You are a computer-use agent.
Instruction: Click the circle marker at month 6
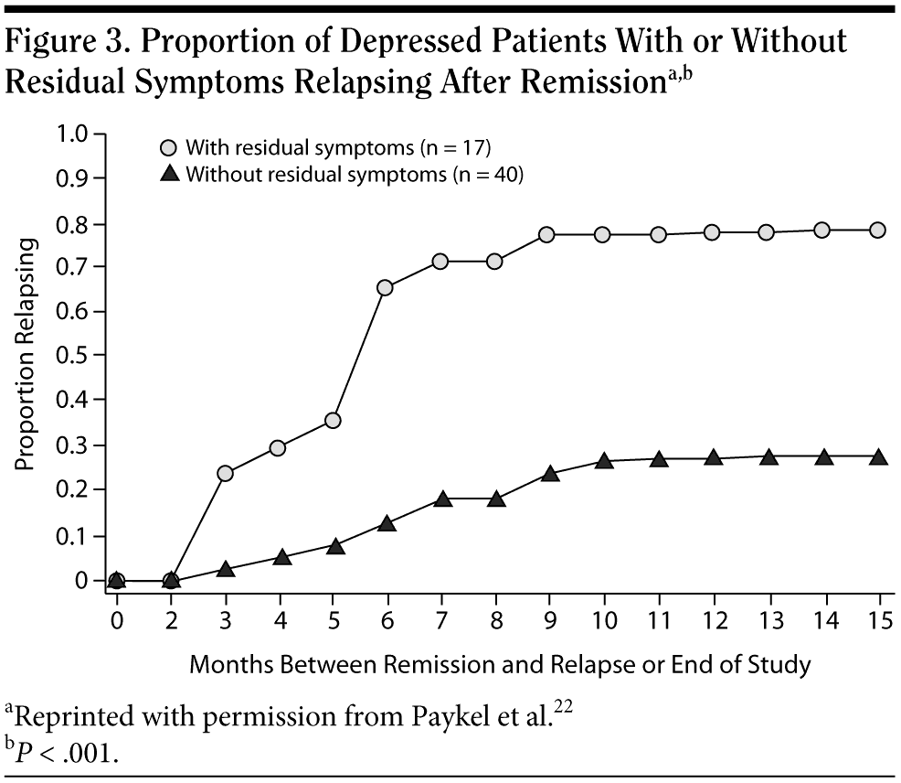coord(385,287)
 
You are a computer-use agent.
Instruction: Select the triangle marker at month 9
coord(548,474)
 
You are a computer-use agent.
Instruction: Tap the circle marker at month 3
coord(226,473)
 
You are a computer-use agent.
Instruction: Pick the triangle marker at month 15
coord(877,456)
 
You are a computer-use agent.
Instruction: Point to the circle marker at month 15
coord(877,230)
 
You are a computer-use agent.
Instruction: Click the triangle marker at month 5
coord(335,546)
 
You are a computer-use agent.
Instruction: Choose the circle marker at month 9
coord(547,234)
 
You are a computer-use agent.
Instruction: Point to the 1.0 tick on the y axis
coord(74,134)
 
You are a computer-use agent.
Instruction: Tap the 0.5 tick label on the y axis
coord(74,356)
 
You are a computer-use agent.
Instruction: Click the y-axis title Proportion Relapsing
coord(26,355)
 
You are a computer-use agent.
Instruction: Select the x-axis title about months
coord(500,664)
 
